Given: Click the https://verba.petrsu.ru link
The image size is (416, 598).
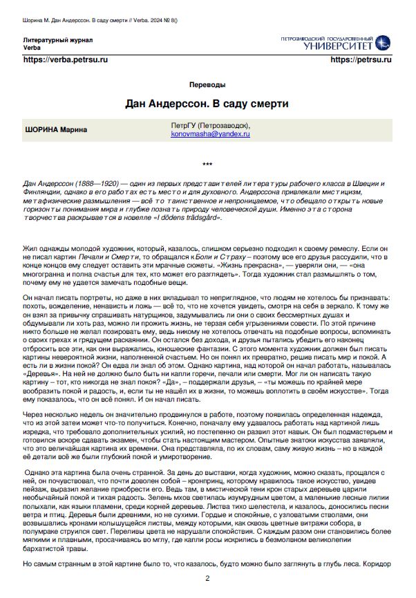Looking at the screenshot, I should [66, 60].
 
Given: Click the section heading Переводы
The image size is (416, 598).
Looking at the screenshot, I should [207, 84].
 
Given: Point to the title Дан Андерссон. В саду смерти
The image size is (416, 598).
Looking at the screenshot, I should [207, 104].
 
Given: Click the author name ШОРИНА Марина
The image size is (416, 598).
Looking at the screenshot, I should [52, 129].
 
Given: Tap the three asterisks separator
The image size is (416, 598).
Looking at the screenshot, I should [208, 165].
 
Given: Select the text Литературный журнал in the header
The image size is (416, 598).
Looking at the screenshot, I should [56, 41].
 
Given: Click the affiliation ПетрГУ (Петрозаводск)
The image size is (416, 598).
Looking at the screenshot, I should [211, 125].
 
